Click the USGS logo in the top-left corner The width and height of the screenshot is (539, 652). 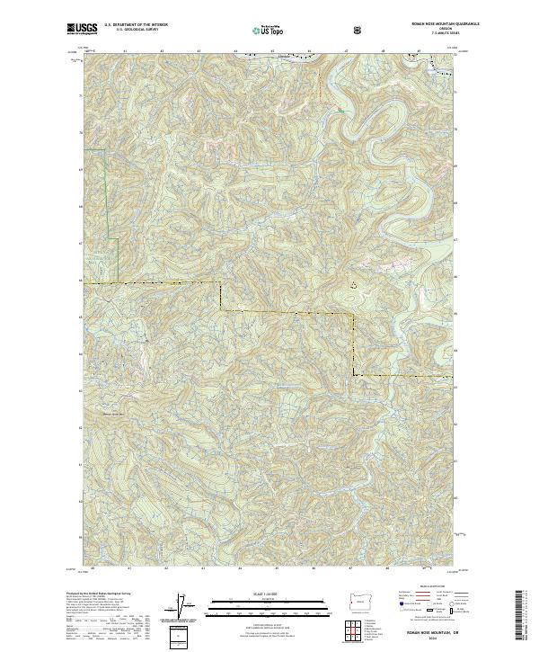(x=82, y=29)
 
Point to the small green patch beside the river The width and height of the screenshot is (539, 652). (x=340, y=110)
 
